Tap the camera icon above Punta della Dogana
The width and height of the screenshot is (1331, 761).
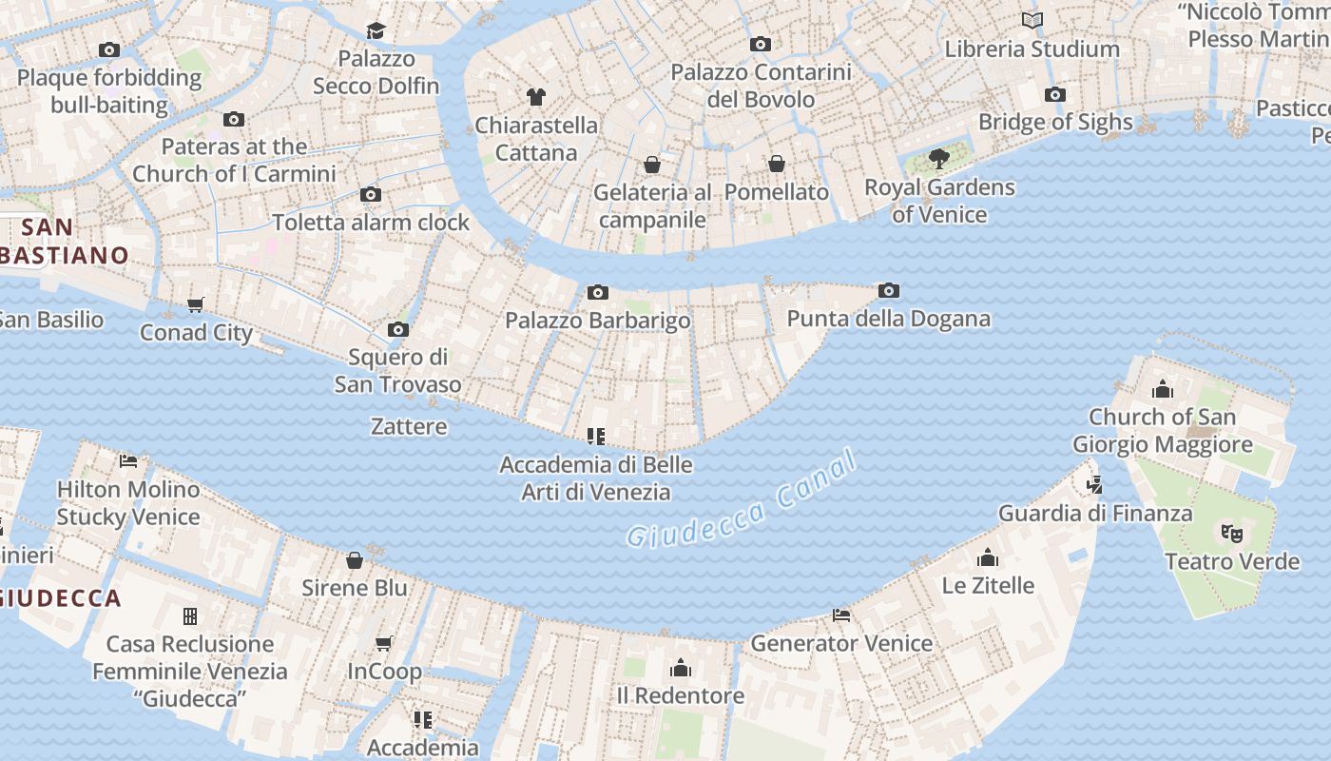click(x=889, y=291)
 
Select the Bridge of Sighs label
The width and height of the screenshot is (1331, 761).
click(x=1055, y=122)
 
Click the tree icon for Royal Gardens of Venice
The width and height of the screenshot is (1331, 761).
click(x=939, y=158)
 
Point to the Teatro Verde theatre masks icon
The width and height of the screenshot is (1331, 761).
click(x=1232, y=533)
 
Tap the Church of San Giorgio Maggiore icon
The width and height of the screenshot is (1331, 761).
click(x=1162, y=389)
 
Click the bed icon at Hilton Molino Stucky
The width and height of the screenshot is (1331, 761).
click(x=128, y=461)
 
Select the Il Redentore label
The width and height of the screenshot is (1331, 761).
click(x=681, y=695)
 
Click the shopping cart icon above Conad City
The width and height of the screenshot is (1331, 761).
click(x=196, y=304)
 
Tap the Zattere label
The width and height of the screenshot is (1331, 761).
click(x=409, y=426)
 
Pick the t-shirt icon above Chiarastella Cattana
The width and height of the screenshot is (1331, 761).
click(x=536, y=96)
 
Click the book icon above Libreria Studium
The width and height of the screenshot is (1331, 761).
click(x=1032, y=20)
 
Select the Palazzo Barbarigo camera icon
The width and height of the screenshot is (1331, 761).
click(x=597, y=292)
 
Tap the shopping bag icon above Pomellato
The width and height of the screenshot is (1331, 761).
click(x=777, y=164)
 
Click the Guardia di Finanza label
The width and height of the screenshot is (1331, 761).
click(x=1095, y=514)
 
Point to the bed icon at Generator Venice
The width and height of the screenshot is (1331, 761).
click(x=841, y=615)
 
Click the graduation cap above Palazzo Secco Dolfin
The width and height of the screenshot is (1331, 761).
click(x=376, y=30)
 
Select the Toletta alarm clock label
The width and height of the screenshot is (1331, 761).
click(x=371, y=223)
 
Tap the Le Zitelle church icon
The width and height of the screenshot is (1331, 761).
click(x=988, y=557)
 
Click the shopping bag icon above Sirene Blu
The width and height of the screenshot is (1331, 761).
click(x=355, y=560)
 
